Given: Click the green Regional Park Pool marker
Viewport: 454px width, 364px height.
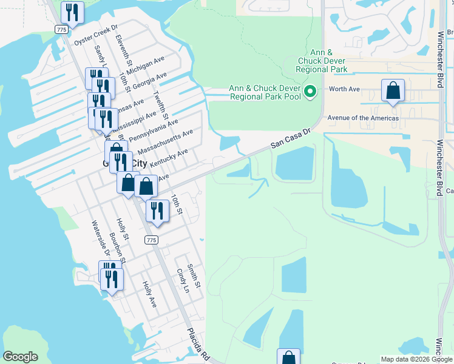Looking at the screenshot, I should point(310,92).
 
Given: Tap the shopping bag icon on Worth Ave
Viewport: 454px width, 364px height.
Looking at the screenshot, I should point(393,90).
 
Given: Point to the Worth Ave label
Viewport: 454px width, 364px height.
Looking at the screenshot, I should point(344,89).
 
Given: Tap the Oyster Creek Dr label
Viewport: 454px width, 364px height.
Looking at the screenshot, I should point(95,38).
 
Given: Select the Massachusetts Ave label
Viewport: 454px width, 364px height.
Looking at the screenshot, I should point(166,141).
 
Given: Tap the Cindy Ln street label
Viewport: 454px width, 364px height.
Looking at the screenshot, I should point(183,281).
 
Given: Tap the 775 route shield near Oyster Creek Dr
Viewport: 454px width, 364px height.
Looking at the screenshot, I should point(61,29).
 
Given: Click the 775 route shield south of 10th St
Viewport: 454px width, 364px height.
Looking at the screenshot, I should point(152,240).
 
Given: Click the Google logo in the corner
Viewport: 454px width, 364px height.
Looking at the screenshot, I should point(21,357).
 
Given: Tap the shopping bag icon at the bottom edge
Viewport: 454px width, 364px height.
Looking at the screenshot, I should point(288,357).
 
